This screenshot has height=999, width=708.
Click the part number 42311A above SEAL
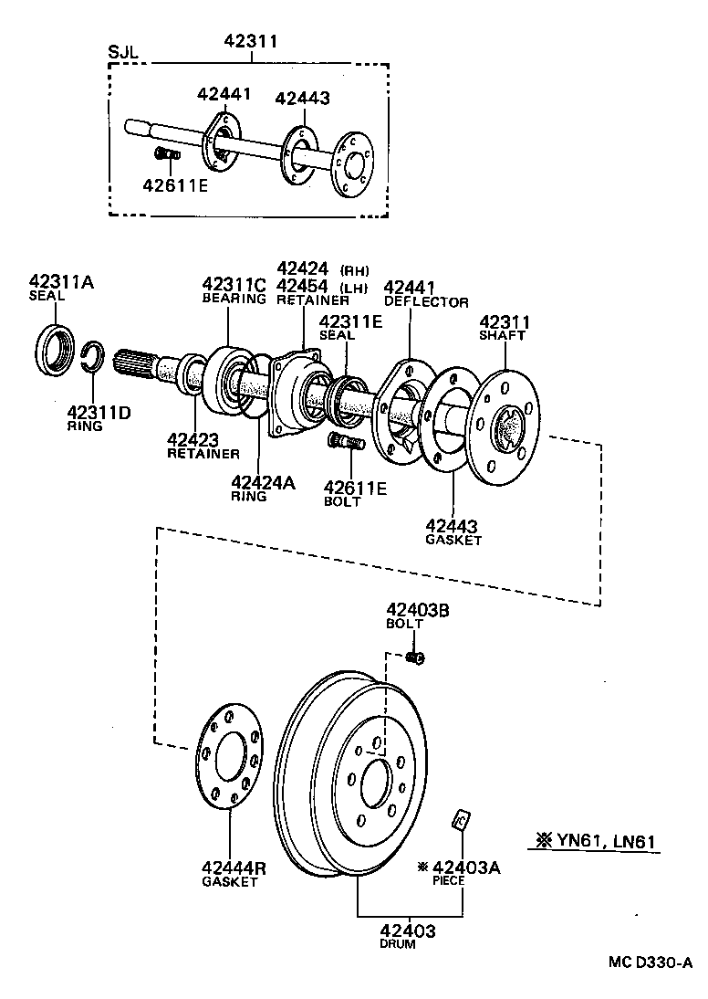point(61,281)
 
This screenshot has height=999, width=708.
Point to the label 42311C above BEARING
point(234,285)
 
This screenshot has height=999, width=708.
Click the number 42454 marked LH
point(302,286)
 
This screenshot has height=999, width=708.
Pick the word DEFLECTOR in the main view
point(426,301)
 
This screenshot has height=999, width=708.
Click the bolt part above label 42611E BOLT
point(345,445)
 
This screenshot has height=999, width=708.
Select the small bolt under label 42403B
point(415,657)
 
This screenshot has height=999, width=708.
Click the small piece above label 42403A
point(461,820)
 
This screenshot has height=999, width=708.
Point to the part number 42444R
point(234,868)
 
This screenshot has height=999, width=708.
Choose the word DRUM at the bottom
point(397,944)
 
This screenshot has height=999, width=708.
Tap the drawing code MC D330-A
point(651,963)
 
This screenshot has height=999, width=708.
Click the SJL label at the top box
point(123,51)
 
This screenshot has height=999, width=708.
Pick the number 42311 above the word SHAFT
point(505,322)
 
